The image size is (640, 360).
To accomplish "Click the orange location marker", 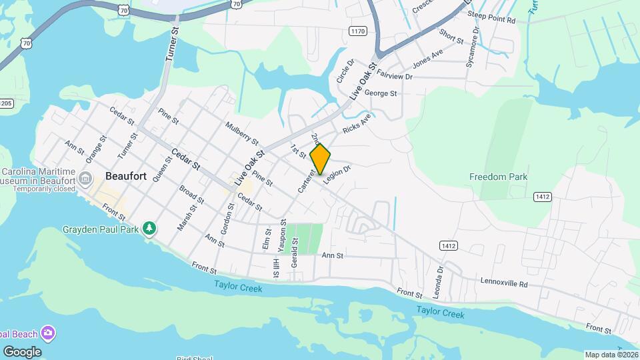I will [320, 159].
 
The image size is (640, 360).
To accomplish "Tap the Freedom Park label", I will [498, 177].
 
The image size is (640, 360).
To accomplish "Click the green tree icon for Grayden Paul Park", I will [151, 229].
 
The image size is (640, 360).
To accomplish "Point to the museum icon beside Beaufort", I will [85, 178].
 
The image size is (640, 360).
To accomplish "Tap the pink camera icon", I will [47, 332].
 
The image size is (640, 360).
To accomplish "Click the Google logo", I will [22, 351].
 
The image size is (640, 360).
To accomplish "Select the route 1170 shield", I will [358, 31].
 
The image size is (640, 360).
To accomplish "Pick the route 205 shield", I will [6, 103].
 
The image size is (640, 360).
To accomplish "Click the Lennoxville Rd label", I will [503, 283].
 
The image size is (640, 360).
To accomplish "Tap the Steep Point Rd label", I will [492, 21].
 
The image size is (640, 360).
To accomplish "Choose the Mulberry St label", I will [241, 132].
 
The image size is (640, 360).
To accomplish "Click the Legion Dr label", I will [337, 175].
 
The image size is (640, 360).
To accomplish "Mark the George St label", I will [381, 93].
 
